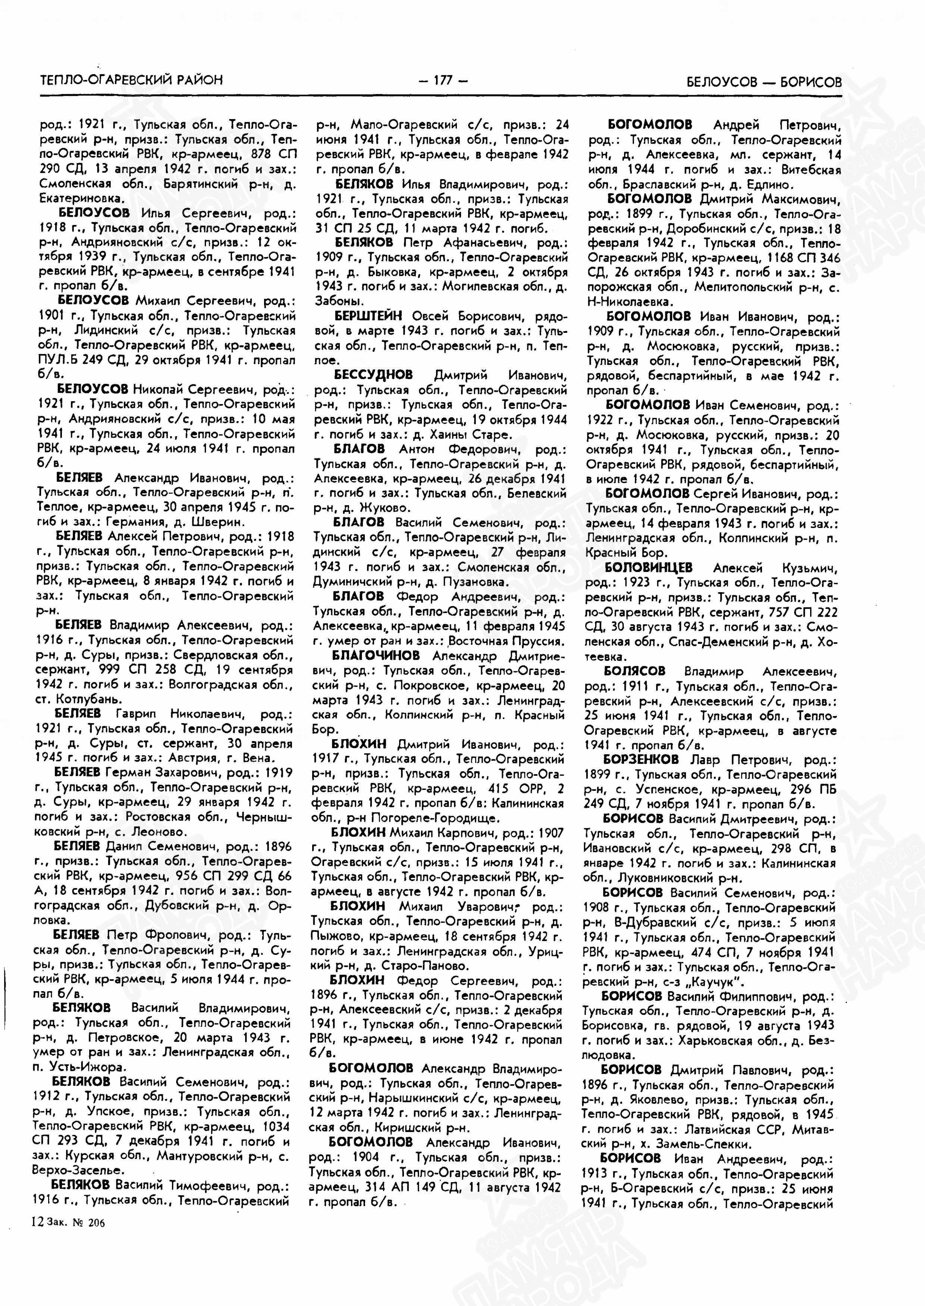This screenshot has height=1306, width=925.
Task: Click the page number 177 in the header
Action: point(443,80)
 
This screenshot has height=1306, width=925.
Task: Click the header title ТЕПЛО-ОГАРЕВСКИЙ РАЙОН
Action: point(132,80)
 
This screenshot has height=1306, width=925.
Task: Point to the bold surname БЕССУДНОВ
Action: point(373,375)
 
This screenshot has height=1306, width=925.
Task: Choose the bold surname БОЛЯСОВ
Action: point(634,671)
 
